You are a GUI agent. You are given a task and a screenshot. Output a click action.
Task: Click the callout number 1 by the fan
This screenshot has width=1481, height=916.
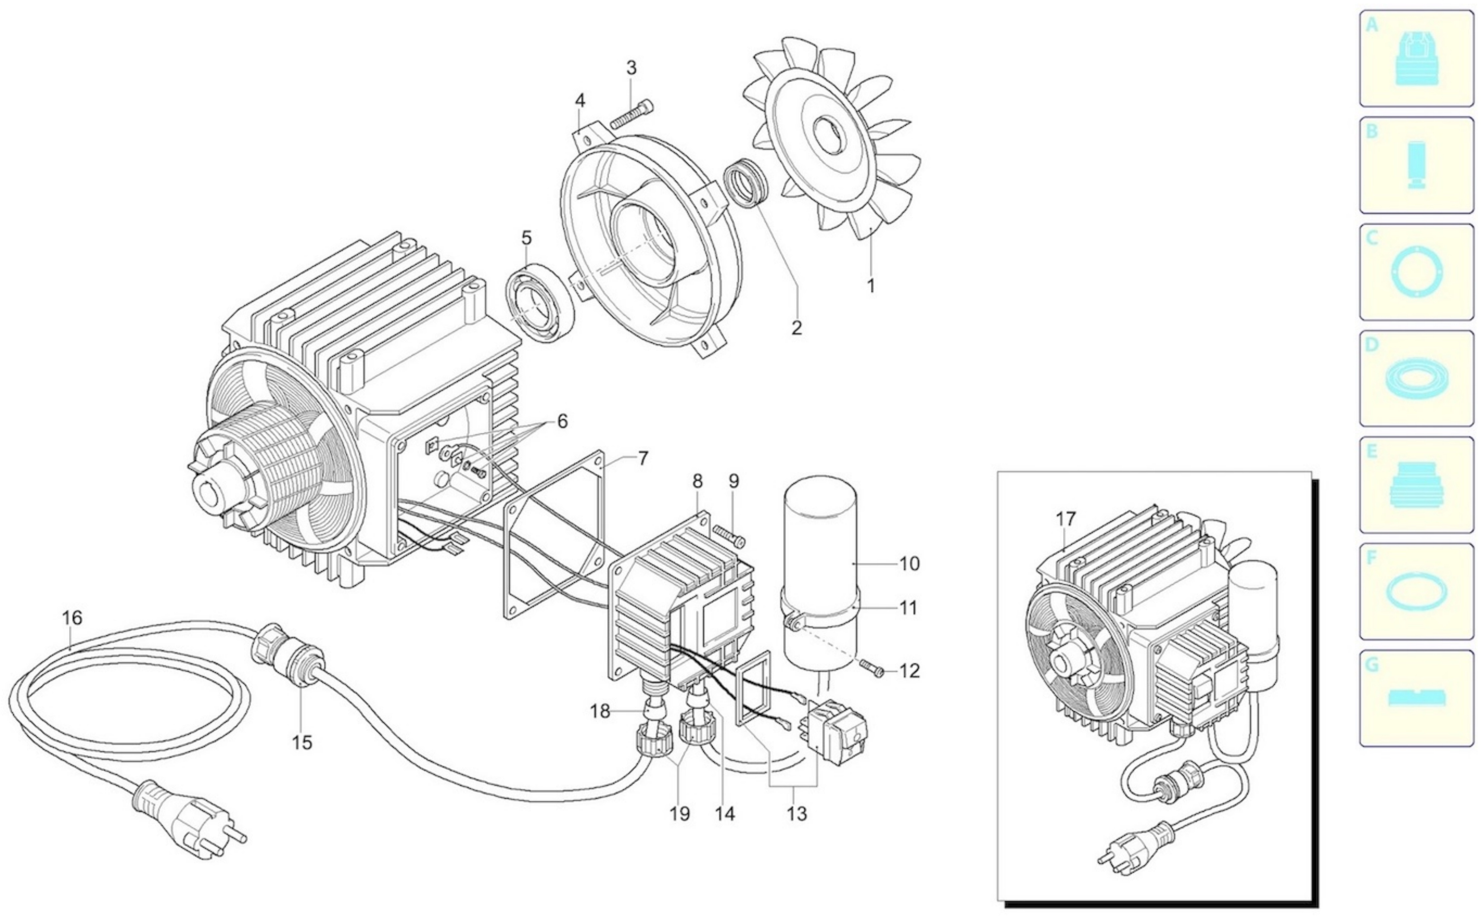pyautogui.click(x=870, y=285)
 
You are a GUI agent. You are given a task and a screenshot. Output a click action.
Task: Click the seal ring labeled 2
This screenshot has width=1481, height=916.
pyautogui.click(x=745, y=183)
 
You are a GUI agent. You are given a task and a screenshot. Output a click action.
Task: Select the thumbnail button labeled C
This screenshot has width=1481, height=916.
pyautogui.click(x=1416, y=272)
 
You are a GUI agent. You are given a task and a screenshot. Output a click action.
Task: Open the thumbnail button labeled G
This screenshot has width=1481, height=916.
pyautogui.click(x=1416, y=698)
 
